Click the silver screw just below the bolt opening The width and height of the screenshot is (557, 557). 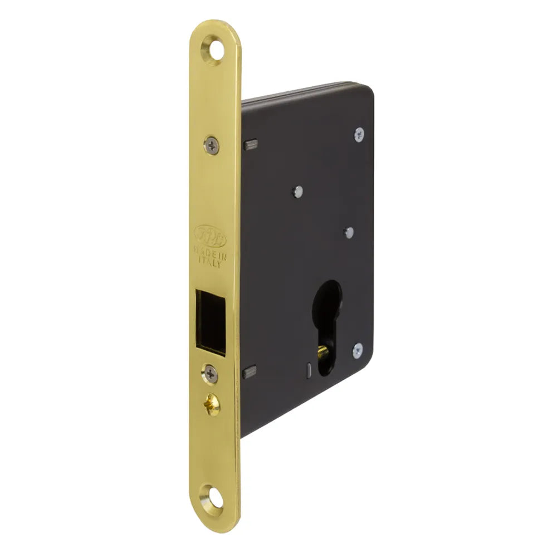click(210, 374)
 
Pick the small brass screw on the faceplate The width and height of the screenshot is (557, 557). click(212, 403)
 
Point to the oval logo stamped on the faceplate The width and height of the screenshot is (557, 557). click(209, 235)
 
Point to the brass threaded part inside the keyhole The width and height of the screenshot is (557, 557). click(323, 353)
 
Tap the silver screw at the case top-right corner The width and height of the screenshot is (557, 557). click(359, 134)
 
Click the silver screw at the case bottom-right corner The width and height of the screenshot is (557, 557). click(357, 350)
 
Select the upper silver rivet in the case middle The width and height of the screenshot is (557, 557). click(298, 192)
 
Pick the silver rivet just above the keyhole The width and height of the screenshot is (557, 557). click(349, 232)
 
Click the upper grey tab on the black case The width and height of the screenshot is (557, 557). click(250, 145)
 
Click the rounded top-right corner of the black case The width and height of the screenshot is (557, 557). click(368, 90)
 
